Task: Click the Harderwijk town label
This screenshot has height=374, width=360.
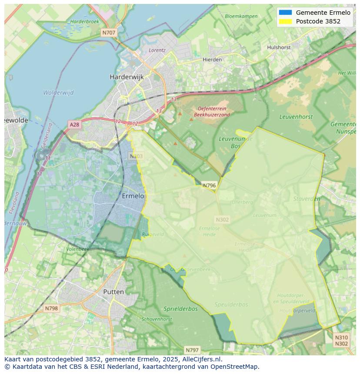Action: click(127, 77)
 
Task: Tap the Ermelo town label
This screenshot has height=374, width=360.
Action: click(133, 196)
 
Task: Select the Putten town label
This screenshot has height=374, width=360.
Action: click(113, 292)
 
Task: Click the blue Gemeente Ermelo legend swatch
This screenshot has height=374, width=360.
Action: click(285, 13)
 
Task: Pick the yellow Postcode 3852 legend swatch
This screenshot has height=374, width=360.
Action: click(285, 21)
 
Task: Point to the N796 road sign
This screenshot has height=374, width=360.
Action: click(209, 185)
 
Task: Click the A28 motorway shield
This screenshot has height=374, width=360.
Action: click(74, 125)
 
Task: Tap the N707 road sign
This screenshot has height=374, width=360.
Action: click(109, 33)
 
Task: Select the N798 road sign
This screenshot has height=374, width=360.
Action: click(51, 308)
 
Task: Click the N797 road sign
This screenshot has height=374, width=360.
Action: click(192, 350)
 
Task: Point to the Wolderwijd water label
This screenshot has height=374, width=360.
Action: click(58, 93)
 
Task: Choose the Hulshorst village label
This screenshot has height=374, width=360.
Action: click(279, 47)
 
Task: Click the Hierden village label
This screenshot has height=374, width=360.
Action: click(212, 60)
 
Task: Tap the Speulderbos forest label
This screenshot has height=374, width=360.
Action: click(231, 304)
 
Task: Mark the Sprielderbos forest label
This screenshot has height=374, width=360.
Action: click(180, 309)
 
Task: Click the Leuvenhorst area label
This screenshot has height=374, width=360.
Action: click(296, 116)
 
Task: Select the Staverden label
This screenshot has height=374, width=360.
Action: click(307, 199)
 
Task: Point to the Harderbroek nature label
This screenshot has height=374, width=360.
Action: click(85, 21)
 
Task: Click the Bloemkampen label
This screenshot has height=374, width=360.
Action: click(241, 16)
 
